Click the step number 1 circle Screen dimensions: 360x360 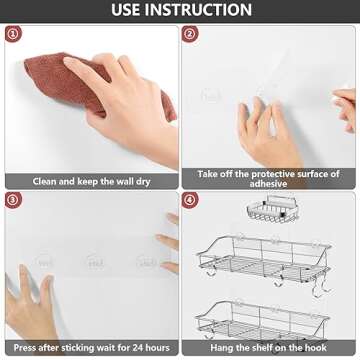coord(13,34)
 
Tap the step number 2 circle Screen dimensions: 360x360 coord(190,34)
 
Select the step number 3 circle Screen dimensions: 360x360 coord(13,200)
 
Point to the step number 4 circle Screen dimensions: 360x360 coord(190,200)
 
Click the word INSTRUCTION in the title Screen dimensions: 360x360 coord(198,10)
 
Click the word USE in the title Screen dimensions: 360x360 coord(125,10)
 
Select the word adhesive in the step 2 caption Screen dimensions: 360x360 coord(268,183)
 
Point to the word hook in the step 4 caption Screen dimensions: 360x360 coord(316,348)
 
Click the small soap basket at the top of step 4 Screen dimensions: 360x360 coord(273,209)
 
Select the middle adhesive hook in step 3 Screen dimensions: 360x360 coord(94,261)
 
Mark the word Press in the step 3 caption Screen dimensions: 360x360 coord(25,348)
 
